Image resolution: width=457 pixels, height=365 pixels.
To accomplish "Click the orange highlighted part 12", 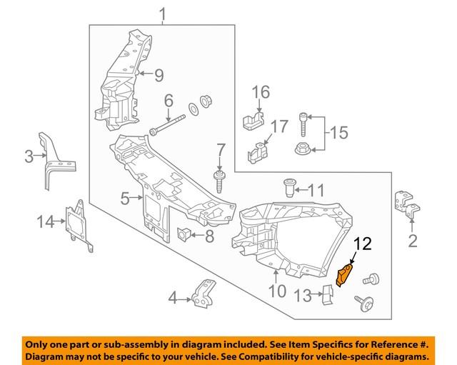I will pyautogui.click(x=344, y=274).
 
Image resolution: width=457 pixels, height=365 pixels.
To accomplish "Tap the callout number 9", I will pyautogui.click(x=159, y=74).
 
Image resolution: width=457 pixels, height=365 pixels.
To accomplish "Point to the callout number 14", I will pyautogui.click(x=46, y=221).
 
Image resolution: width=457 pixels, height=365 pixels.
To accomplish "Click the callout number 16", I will pyautogui.click(x=261, y=91).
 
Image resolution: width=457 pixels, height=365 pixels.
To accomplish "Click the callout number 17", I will pyautogui.click(x=279, y=126).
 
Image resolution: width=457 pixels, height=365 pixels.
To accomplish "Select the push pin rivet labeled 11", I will pyautogui.click(x=289, y=187).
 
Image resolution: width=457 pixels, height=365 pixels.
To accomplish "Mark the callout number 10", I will pyautogui.click(x=277, y=291).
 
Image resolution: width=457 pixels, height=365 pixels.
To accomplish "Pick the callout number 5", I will pyautogui.click(x=125, y=199).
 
